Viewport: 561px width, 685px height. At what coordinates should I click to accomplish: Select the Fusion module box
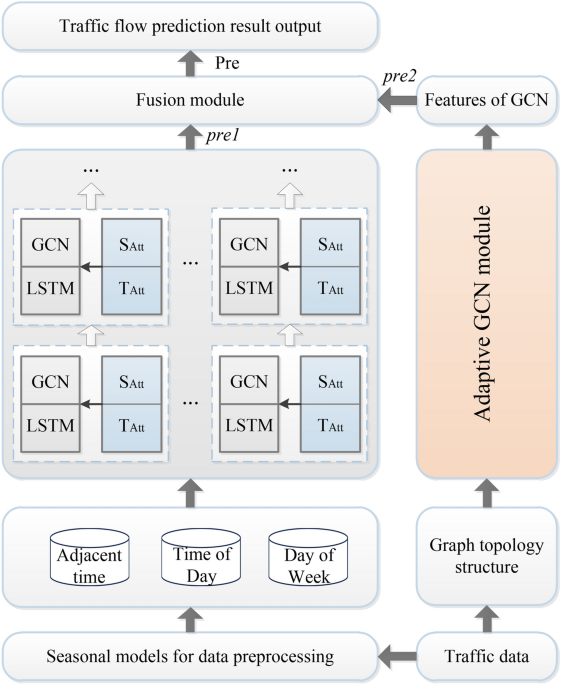190,101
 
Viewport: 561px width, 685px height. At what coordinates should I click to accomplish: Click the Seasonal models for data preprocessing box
190,655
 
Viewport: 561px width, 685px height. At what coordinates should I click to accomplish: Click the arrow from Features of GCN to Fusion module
395,101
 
